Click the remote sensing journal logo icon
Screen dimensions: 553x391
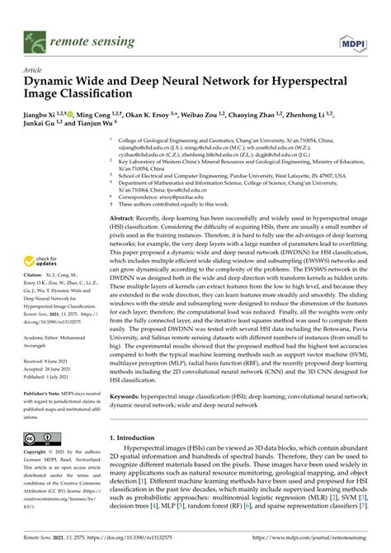coord(35,38)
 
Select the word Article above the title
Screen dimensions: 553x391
coord(35,70)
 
